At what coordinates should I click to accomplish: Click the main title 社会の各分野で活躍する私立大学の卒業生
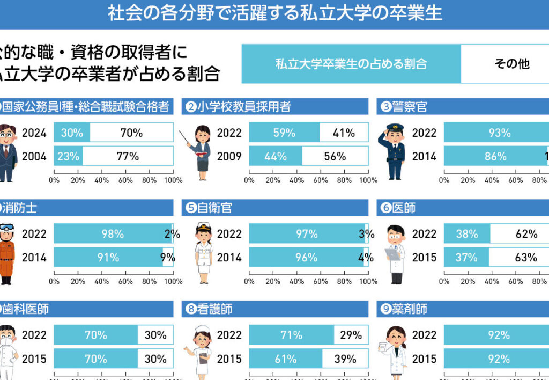[274, 13]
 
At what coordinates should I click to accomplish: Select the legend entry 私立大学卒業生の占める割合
[351, 64]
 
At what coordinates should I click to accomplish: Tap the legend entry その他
[511, 64]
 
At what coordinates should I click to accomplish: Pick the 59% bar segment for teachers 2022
[284, 133]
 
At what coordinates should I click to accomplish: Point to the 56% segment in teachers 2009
[335, 156]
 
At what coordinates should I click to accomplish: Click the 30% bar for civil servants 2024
[72, 133]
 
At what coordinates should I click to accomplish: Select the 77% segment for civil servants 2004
[128, 156]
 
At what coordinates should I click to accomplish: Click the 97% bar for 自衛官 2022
[306, 234]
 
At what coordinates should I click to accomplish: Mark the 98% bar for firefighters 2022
[113, 234]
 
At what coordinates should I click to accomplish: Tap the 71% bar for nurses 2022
[291, 335]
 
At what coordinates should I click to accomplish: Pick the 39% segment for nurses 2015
[345, 359]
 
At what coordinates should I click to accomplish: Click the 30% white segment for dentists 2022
[155, 335]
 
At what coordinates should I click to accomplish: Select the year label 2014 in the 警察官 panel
[424, 156]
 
